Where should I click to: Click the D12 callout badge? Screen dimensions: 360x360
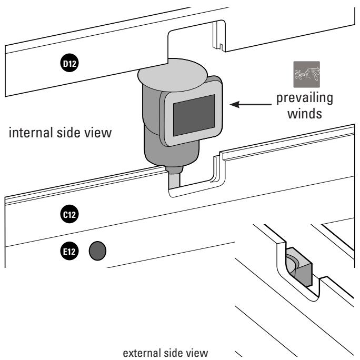[69, 64]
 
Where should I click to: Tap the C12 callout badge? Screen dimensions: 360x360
[69, 215]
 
